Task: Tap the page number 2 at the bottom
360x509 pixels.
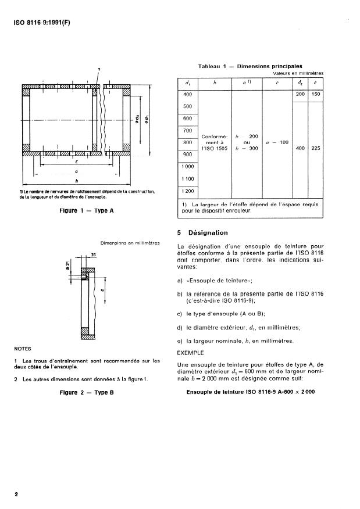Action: tap(16, 494)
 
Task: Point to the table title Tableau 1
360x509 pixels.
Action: tap(249, 66)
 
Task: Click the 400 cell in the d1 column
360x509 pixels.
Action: tap(187, 94)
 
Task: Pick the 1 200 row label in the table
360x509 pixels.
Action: tap(187, 191)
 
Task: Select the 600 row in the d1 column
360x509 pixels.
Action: tap(187, 119)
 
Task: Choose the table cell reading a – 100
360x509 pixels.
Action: tap(277, 142)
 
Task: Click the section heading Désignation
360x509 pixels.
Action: tap(208, 233)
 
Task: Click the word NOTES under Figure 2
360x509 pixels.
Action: tap(23, 349)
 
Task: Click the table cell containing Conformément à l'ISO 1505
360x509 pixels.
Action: tap(214, 143)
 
